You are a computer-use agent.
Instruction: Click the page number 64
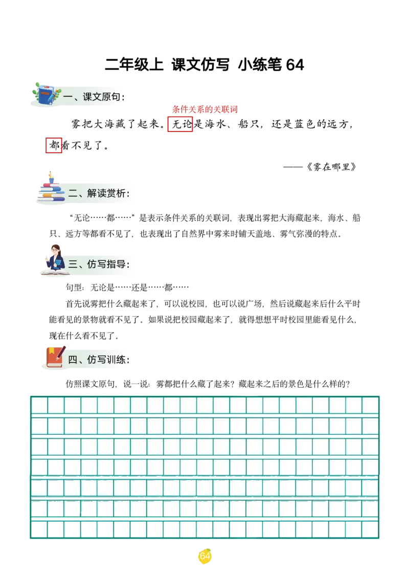(x=204, y=556)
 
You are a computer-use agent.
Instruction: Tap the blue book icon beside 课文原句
(x=45, y=95)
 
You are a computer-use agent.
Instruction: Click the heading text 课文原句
(x=102, y=97)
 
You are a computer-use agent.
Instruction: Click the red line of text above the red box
(x=205, y=109)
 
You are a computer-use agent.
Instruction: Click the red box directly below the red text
(x=180, y=124)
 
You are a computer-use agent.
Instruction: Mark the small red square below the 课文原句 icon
(x=54, y=145)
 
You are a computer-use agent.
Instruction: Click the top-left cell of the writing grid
(x=39, y=405)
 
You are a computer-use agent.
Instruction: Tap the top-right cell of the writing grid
(x=370, y=405)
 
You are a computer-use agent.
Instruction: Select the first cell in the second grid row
(x=39, y=426)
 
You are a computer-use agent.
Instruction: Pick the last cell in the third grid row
(x=370, y=447)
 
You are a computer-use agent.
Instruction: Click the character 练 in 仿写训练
(x=121, y=360)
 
